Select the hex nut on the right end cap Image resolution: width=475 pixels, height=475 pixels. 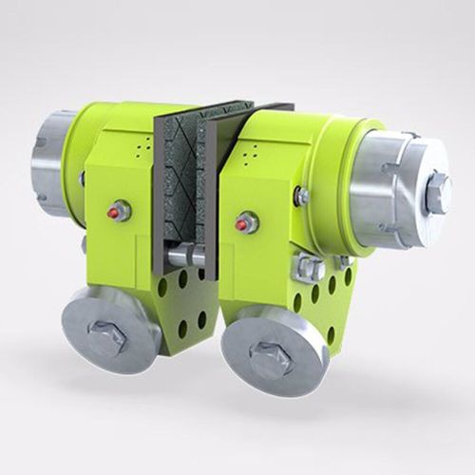(x=439, y=193)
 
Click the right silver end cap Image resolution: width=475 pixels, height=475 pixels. (x=394, y=184)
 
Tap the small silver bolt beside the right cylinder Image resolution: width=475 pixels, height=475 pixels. (x=302, y=197)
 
